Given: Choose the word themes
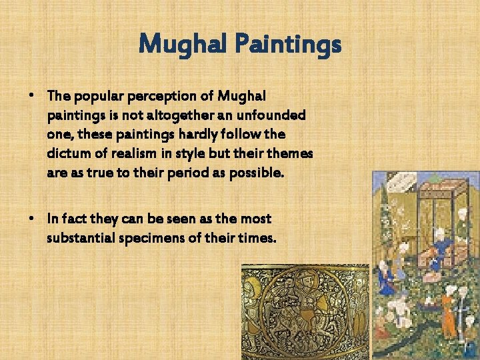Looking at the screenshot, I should (291, 153).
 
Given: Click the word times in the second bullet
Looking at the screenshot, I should (254, 237).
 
